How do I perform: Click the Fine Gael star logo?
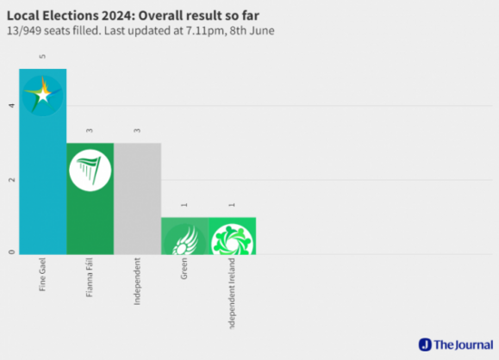[43, 93]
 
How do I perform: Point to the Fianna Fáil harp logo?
[90, 169]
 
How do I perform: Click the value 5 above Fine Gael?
[44, 56]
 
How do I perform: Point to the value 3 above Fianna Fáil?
[91, 131]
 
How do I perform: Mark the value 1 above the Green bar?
[185, 205]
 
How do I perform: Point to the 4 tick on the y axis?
[11, 106]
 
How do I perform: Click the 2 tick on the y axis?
[11, 180]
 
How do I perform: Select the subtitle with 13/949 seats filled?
[142, 30]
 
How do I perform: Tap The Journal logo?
[454, 345]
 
